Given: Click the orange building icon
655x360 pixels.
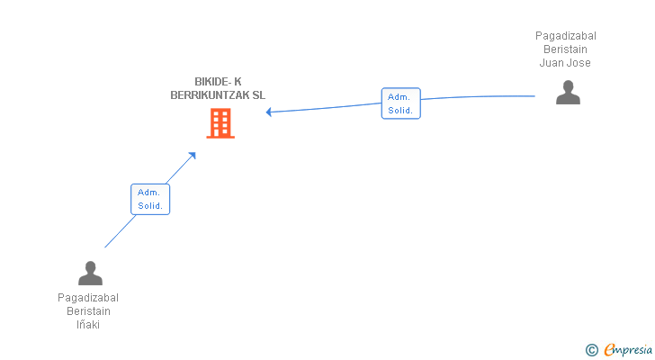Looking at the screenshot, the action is tap(220, 123).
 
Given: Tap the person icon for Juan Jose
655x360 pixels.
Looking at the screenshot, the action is tap(568, 93).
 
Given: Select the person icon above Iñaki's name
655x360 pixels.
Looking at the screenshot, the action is tap(90, 273).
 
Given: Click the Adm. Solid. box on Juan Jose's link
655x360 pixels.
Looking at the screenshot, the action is tap(401, 103).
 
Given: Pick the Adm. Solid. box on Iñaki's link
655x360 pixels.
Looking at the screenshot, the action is tap(150, 199).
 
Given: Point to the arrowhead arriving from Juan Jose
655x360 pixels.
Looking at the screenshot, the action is tap(269, 112).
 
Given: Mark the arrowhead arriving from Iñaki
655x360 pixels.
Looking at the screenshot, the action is tap(193, 156).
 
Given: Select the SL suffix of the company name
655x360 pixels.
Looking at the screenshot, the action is tap(258, 95).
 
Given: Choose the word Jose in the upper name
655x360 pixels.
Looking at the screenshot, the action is tap(579, 63).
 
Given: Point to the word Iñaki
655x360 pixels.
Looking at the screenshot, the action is tap(88, 325).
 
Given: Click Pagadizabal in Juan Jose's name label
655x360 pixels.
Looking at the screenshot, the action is tap(566, 36).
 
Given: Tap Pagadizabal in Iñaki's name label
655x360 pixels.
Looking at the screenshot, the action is tap(88, 298).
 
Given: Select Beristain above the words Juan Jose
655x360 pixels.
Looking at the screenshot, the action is tap(565, 49).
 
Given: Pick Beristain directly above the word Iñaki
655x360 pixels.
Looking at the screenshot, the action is tap(88, 311).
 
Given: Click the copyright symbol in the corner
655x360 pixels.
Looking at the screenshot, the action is tap(591, 350).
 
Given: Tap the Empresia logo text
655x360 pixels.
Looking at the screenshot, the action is tap(628, 350).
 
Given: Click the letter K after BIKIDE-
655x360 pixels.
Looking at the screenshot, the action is tap(238, 81).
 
